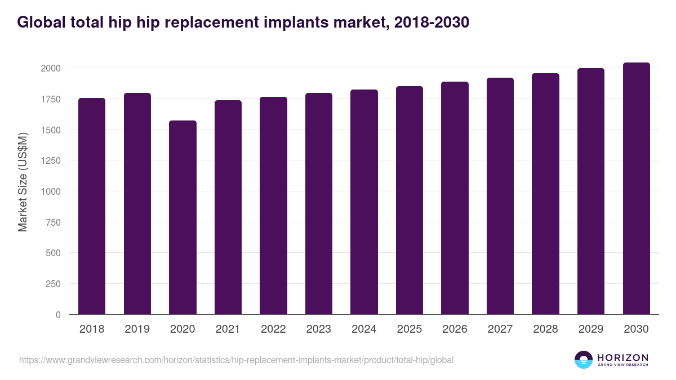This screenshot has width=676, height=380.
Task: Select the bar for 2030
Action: pos(636,189)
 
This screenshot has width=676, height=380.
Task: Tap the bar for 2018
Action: pos(92,206)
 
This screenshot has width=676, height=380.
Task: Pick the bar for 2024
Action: pos(364,202)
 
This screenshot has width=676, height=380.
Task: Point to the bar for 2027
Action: pos(500,196)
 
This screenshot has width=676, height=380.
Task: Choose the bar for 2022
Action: pos(273,205)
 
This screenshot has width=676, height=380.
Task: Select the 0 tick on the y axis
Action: pos(57,315)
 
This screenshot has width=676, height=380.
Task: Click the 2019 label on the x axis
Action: pos(137,329)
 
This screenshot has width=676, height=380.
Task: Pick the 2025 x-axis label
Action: pos(410,329)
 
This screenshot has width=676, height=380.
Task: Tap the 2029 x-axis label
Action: pos(591,329)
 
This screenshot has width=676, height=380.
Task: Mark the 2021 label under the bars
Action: pos(228,329)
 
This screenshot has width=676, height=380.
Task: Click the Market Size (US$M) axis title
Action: pos(23,182)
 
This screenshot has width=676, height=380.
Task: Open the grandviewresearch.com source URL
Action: pos(236,360)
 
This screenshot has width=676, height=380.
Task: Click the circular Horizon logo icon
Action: pos(584,360)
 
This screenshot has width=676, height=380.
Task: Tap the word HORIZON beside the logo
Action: pos(622,357)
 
